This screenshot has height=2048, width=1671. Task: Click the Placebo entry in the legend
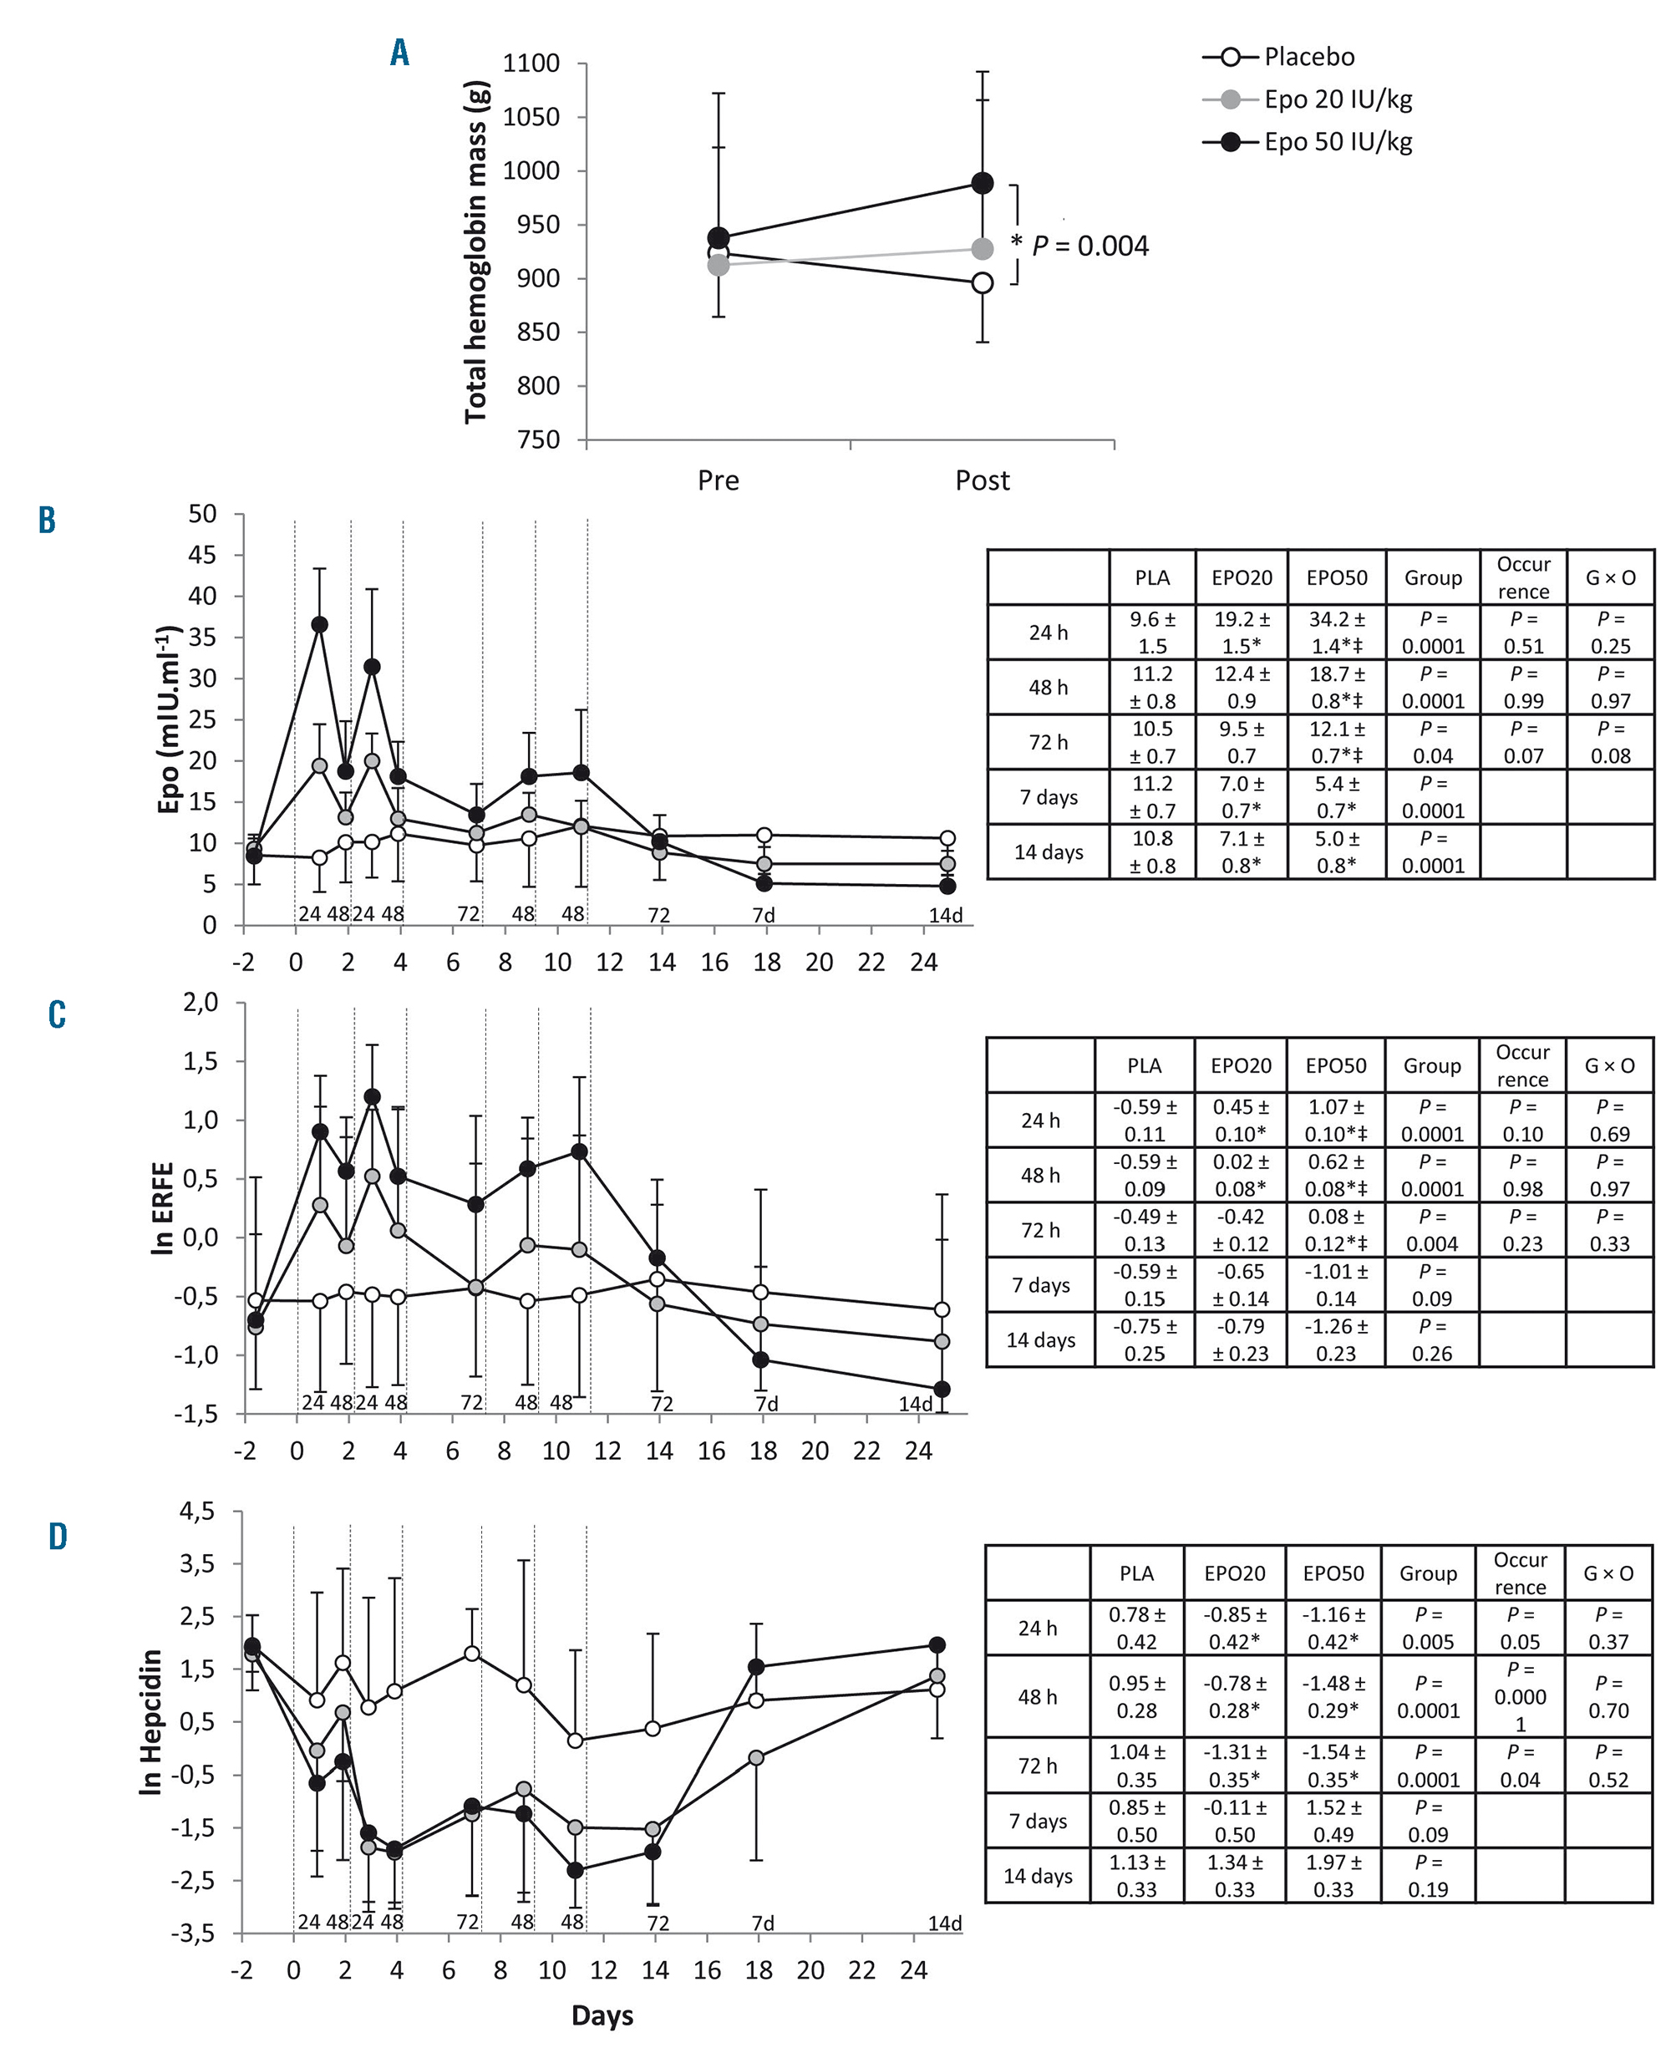1308,57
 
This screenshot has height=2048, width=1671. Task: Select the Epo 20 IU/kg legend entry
1337,99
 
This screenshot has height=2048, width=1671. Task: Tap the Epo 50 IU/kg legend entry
1337,141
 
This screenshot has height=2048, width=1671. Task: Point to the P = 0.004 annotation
1089,246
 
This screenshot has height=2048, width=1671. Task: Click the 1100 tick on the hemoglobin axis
531,64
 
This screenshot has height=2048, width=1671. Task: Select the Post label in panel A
982,480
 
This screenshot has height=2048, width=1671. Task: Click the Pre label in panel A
718,480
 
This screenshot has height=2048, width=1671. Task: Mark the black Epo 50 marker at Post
982,183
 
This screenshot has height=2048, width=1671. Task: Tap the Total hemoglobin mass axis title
476,252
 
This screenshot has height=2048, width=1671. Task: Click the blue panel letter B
47,521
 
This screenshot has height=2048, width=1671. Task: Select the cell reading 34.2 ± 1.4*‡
1337,633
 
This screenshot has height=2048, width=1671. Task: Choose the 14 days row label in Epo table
1049,851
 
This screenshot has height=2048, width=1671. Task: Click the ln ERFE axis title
164,1209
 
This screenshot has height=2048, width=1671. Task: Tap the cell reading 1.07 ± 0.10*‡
1336,1121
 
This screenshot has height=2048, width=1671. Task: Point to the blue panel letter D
58,1537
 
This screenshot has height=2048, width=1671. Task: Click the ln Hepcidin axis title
151,1723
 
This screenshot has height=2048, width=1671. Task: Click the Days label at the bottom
602,2015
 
